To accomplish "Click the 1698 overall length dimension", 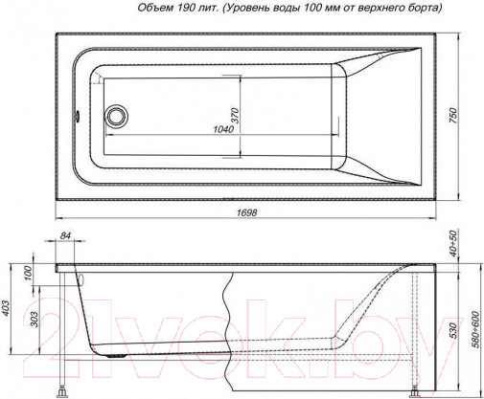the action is point(247,212).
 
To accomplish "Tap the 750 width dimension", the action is point(453,116).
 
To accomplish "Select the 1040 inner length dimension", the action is point(223,129).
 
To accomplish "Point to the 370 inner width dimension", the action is point(235,116).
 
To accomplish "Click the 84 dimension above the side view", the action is point(65,235).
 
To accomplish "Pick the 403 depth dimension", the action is point(6,308).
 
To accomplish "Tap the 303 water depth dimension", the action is point(35,320).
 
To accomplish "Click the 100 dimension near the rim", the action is point(29,273).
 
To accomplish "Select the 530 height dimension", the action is point(453,330).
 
